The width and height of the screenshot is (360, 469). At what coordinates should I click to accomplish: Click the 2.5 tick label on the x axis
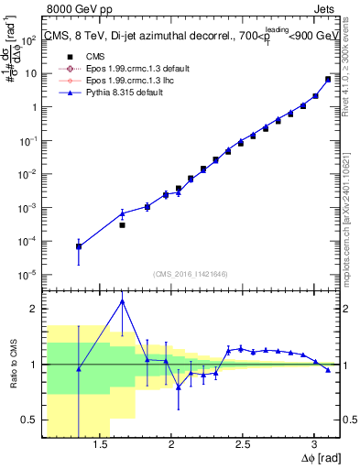[243, 447]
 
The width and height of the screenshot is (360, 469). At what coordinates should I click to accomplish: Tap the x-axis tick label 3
[313, 447]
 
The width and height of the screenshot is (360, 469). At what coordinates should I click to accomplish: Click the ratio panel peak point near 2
[122, 300]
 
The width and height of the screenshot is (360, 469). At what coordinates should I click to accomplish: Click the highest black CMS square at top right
[328, 79]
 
